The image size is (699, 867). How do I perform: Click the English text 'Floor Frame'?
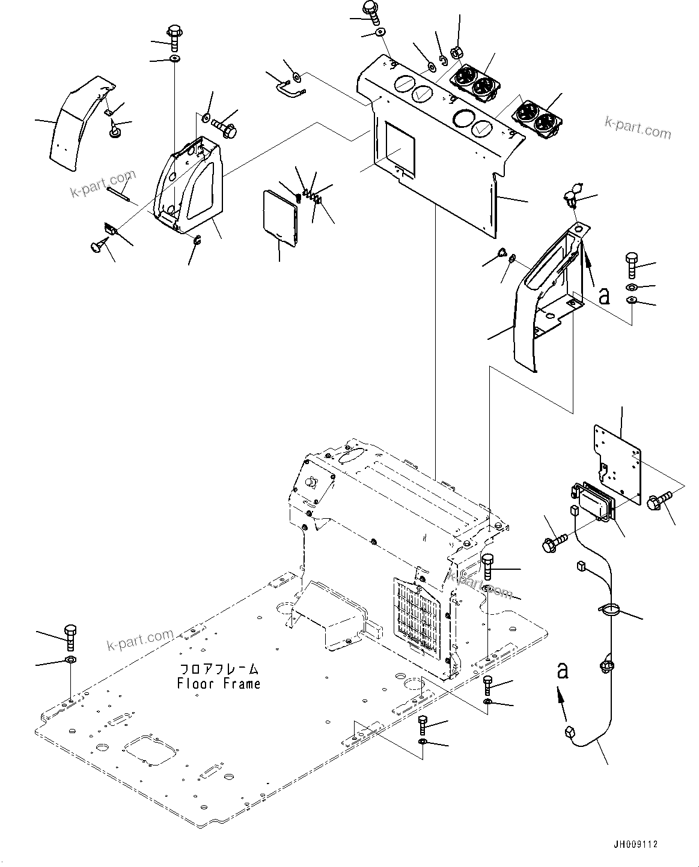[219, 683]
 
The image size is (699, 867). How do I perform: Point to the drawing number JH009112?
[636, 844]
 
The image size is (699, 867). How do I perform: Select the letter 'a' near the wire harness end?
[562, 670]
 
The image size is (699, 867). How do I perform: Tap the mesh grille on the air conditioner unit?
[420, 615]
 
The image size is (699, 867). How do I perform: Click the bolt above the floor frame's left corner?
[70, 638]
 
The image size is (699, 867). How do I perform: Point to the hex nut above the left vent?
[456, 53]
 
